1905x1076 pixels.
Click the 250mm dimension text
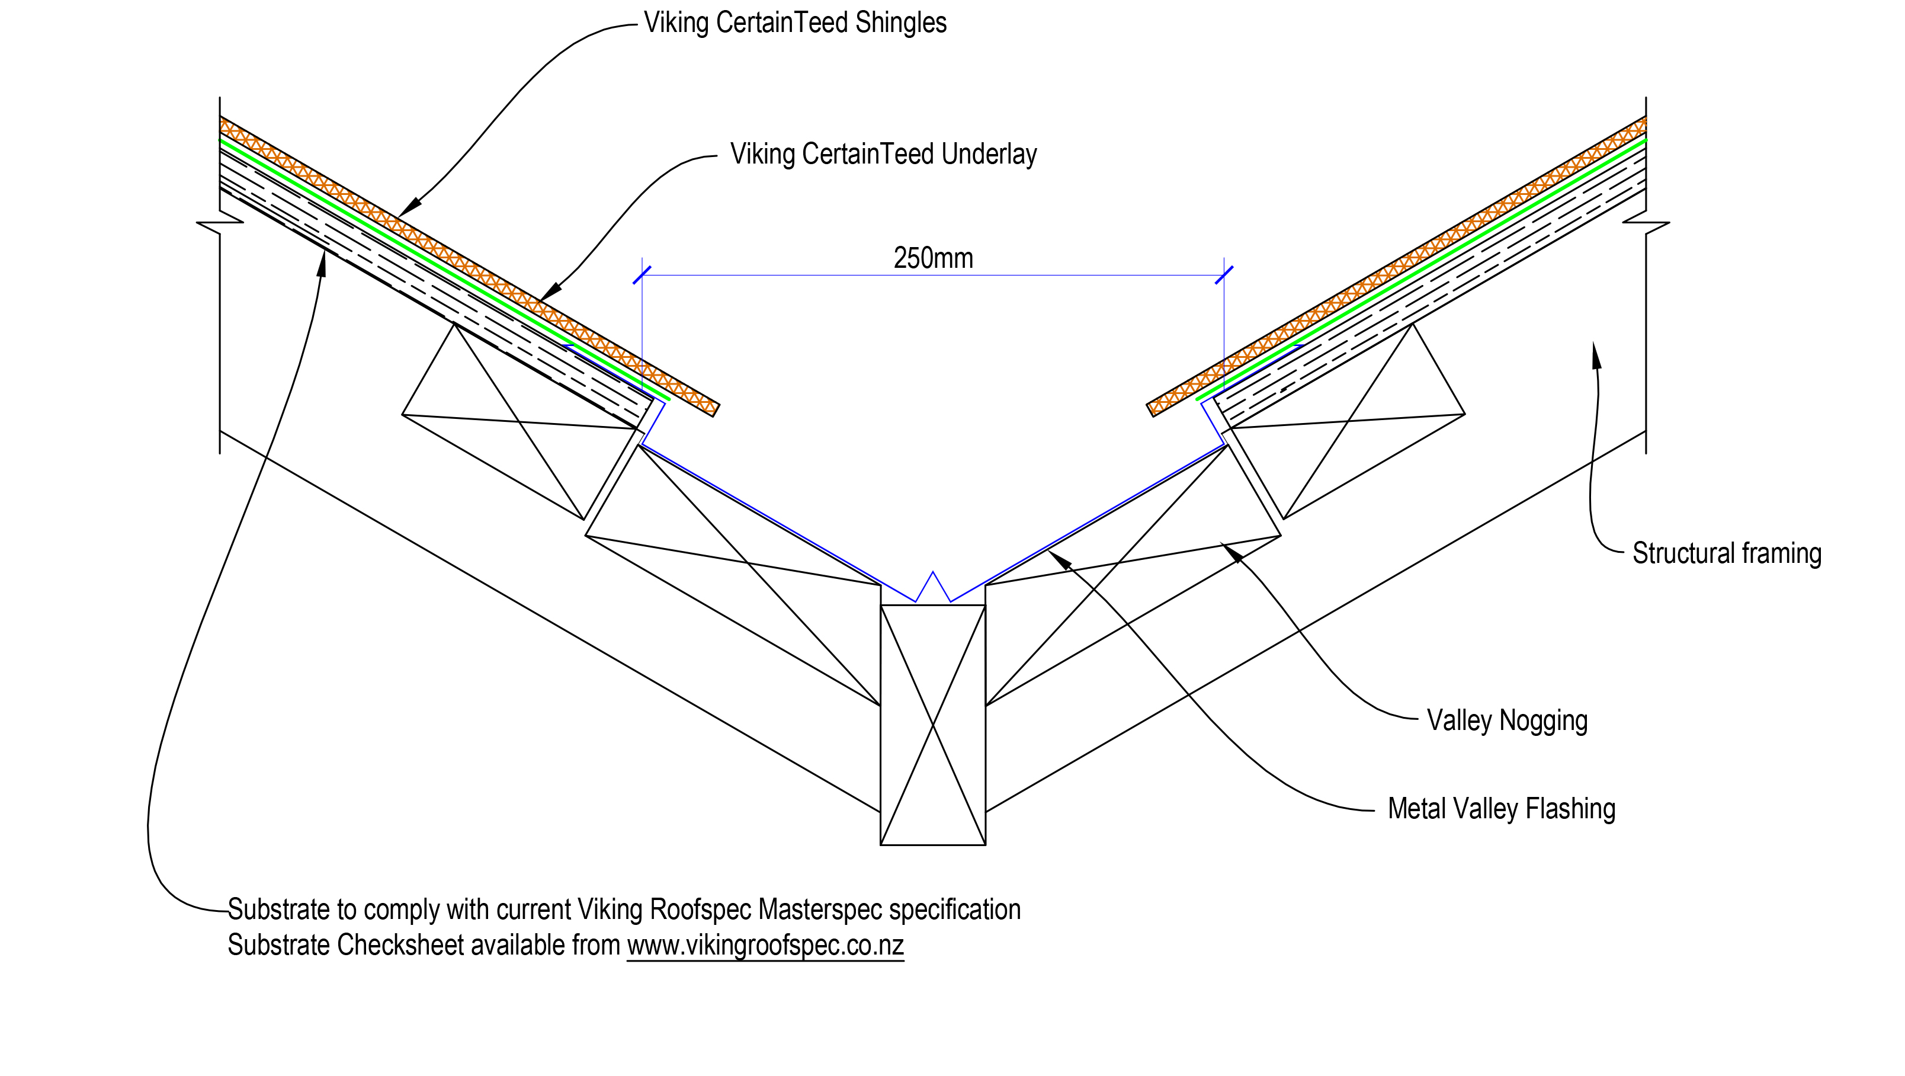pyautogui.click(x=934, y=258)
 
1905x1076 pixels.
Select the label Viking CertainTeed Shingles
pyautogui.click(x=795, y=23)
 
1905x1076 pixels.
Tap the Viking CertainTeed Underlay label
pyautogui.click(x=883, y=155)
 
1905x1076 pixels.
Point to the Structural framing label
pyautogui.click(x=1726, y=553)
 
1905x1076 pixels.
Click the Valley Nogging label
pyautogui.click(x=1506, y=720)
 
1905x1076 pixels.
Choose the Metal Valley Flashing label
pyautogui.click(x=1500, y=809)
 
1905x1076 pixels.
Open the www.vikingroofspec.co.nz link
pyautogui.click(x=765, y=945)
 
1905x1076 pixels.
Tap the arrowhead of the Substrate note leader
pyautogui.click(x=322, y=262)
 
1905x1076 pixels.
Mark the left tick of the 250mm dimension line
pyautogui.click(x=642, y=275)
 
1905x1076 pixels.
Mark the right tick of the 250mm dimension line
pyautogui.click(x=1224, y=275)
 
